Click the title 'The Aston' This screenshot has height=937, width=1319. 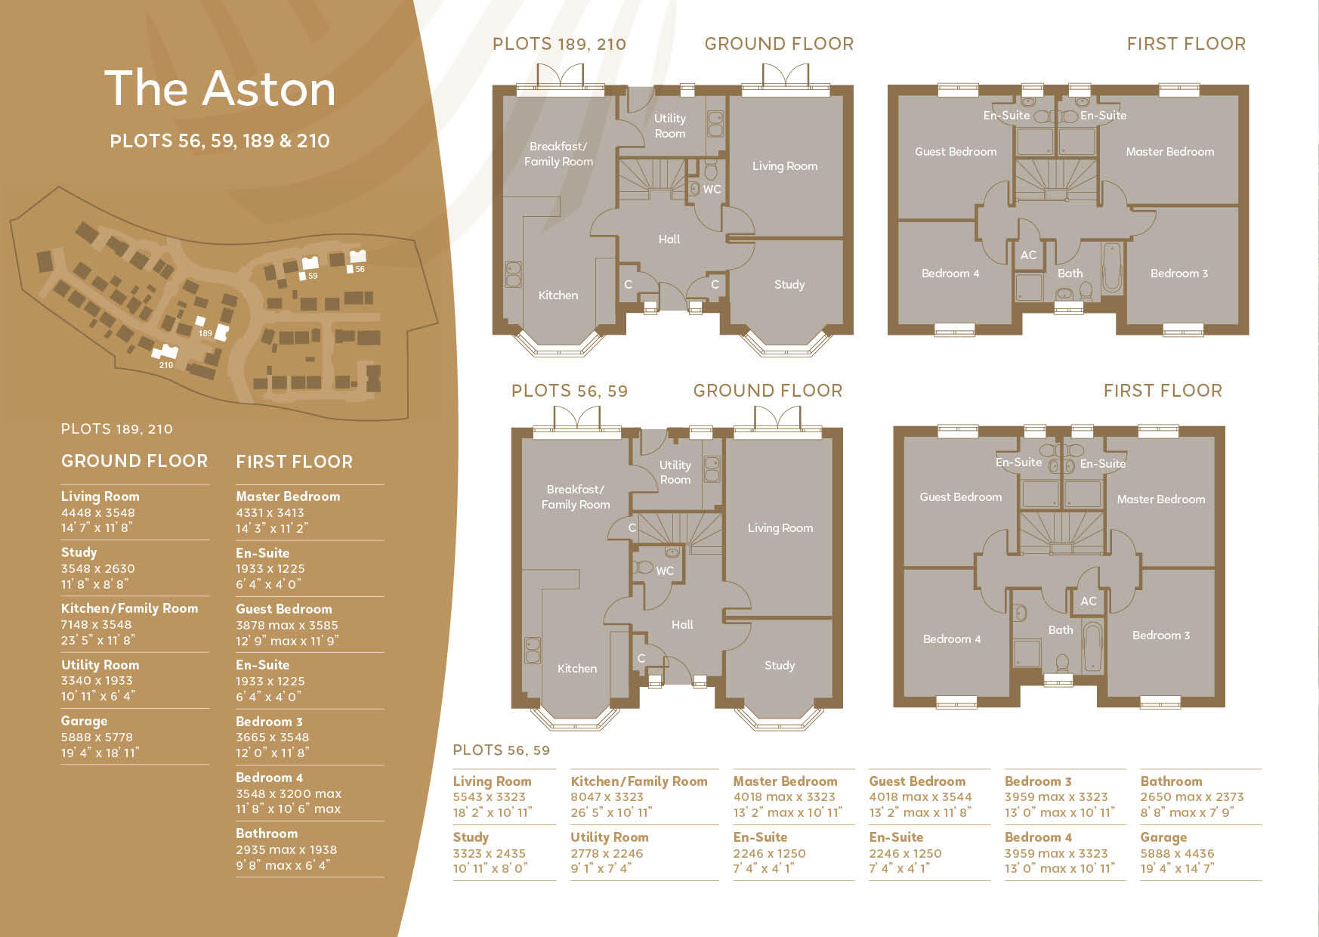(x=220, y=88)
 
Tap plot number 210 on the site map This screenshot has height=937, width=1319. (x=166, y=365)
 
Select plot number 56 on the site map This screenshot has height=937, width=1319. (x=360, y=269)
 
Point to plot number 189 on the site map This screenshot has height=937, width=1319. (x=205, y=333)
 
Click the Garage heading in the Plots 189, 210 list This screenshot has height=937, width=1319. (x=84, y=721)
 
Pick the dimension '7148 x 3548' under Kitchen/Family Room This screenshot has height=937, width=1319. (x=96, y=624)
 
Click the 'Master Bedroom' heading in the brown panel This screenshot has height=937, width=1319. (x=288, y=496)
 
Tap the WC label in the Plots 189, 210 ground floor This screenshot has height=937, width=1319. (x=712, y=190)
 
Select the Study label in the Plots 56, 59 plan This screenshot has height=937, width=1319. (x=779, y=666)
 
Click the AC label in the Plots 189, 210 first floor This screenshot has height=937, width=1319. (x=1028, y=255)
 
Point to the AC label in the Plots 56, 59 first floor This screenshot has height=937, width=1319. (x=1088, y=601)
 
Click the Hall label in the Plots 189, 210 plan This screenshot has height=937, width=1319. (x=669, y=240)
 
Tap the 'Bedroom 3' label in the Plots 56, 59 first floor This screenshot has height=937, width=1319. (x=1160, y=635)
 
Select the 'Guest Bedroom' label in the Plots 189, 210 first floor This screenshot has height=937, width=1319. (x=956, y=152)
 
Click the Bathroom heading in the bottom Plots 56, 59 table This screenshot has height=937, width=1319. (x=1171, y=781)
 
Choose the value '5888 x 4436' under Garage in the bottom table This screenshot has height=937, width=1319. (x=1177, y=853)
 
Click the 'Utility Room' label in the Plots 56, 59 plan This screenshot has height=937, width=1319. (x=675, y=472)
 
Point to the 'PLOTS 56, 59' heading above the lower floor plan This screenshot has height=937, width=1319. (x=569, y=391)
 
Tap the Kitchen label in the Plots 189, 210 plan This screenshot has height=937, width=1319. (x=558, y=295)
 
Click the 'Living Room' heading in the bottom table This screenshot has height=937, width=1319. (x=492, y=781)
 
